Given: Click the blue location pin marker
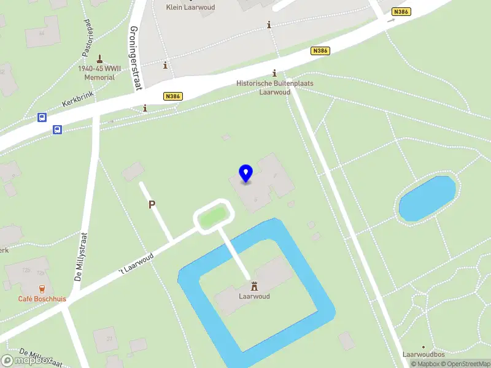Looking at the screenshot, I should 246,174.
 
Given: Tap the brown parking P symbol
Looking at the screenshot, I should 152,205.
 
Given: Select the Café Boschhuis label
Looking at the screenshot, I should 42,299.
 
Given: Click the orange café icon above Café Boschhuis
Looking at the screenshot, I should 42,288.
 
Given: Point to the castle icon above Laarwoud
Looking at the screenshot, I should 254,286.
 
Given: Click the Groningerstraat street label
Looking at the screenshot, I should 136,58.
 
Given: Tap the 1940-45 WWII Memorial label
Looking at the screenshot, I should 99,73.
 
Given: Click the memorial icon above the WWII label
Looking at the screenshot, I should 100,59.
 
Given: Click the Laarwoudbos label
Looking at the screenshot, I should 423,355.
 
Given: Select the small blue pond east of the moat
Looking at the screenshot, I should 427,198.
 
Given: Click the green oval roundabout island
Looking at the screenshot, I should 214,216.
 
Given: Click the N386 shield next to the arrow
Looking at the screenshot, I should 401,12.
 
